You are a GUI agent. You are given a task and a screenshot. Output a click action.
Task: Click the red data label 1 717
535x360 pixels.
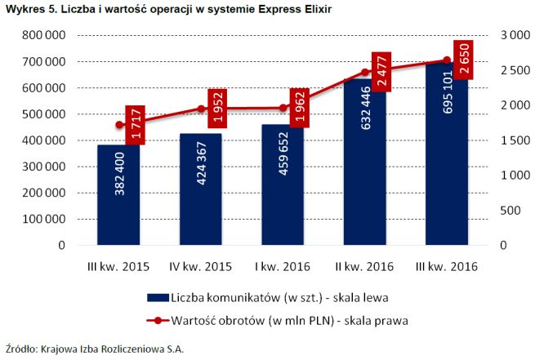click(136, 125)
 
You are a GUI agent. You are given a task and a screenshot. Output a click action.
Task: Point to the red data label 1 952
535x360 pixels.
click(217, 108)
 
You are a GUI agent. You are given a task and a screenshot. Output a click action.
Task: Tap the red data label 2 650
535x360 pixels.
click(462, 60)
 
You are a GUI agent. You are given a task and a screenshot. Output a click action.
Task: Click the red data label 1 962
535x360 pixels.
click(299, 108)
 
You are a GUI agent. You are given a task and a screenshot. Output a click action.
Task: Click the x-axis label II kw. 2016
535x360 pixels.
click(364, 266)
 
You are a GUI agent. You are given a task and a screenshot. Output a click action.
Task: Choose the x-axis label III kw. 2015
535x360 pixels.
click(119, 266)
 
